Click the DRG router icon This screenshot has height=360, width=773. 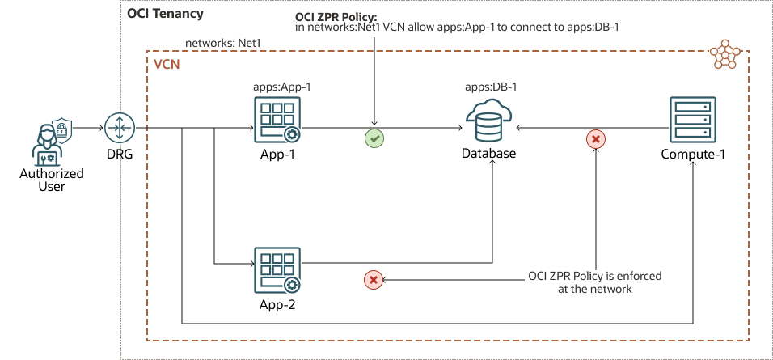click(118, 128)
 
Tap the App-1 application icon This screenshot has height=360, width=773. click(276, 119)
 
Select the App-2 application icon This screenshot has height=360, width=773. click(276, 269)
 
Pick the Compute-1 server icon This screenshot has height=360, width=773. click(692, 120)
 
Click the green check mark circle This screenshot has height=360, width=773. click(374, 138)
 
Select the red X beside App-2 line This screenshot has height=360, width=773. click(373, 280)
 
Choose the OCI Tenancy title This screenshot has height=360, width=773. click(165, 15)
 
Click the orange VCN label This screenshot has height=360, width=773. click(167, 62)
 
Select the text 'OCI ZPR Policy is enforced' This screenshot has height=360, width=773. click(594, 276)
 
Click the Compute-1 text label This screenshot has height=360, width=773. click(693, 155)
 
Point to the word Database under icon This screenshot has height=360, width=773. click(488, 154)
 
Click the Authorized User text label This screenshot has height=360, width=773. click(45, 180)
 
